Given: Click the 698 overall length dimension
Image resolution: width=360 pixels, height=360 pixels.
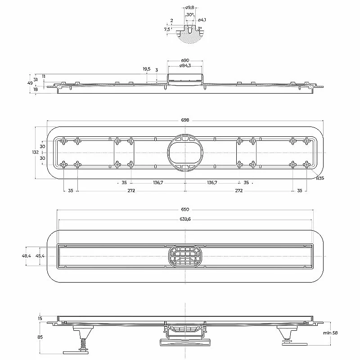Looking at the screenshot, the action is (185, 120).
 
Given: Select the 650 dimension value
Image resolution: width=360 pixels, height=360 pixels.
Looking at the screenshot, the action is (185, 209).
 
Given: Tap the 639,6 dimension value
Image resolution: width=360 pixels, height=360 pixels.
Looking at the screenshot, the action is (185, 219).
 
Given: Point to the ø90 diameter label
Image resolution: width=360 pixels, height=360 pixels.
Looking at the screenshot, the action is (185, 60).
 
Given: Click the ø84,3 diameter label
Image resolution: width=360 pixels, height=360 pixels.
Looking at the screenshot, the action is (185, 66).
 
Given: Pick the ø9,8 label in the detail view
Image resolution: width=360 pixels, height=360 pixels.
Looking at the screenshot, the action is (189, 8).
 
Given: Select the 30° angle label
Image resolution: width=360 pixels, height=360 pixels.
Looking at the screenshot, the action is (189, 15).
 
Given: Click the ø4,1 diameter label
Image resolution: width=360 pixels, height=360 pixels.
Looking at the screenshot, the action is (202, 20).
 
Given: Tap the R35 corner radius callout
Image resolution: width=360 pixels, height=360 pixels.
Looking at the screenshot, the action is (320, 178).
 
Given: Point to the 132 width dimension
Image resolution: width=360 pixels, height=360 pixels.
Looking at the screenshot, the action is (36, 152).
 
